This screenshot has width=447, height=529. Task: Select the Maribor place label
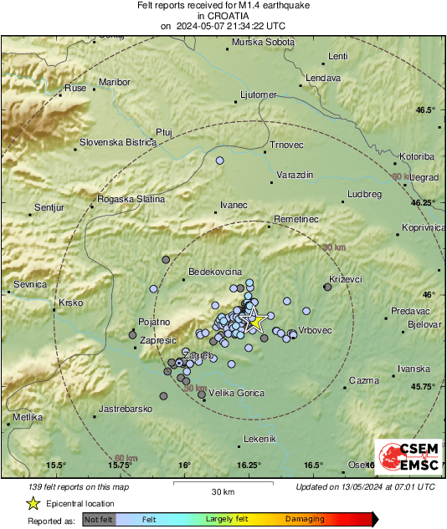click(x=115, y=82)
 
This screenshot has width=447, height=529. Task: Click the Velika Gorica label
click(x=235, y=393)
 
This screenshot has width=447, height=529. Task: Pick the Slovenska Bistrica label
click(x=118, y=142)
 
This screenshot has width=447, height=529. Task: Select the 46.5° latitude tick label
click(x=427, y=110)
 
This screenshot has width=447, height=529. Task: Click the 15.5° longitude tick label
click(x=56, y=465)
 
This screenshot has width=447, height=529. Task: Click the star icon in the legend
click(x=33, y=503)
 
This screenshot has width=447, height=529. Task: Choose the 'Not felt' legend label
click(x=99, y=519)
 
